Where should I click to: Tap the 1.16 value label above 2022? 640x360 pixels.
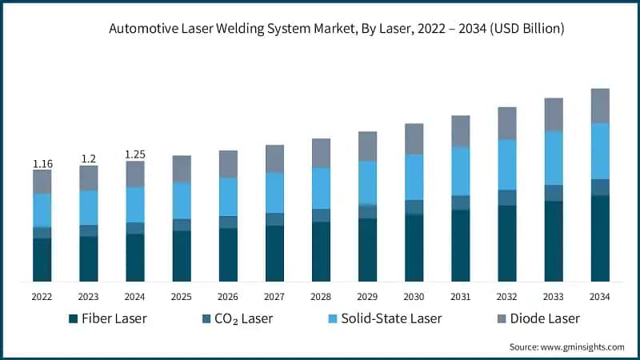[x=42, y=164]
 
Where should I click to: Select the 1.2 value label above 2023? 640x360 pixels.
[x=88, y=159]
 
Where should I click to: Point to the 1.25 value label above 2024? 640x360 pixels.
[x=135, y=154]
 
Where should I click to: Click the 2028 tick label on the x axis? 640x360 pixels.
[x=321, y=296]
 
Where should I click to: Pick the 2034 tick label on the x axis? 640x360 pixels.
[x=599, y=296]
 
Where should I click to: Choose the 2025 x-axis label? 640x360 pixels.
[x=182, y=296]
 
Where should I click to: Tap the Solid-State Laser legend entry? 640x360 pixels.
[x=385, y=318]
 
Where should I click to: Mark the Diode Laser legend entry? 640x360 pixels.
[x=536, y=318]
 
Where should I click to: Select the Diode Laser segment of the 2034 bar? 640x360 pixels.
[x=599, y=106]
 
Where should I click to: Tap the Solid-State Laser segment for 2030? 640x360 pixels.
[x=414, y=177]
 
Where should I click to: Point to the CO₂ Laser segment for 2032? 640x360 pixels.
[x=506, y=198]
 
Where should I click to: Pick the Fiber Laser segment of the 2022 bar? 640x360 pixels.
[x=42, y=260]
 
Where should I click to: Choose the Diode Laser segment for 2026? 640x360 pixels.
[x=228, y=164]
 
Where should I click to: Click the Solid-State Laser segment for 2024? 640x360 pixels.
[x=135, y=205]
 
